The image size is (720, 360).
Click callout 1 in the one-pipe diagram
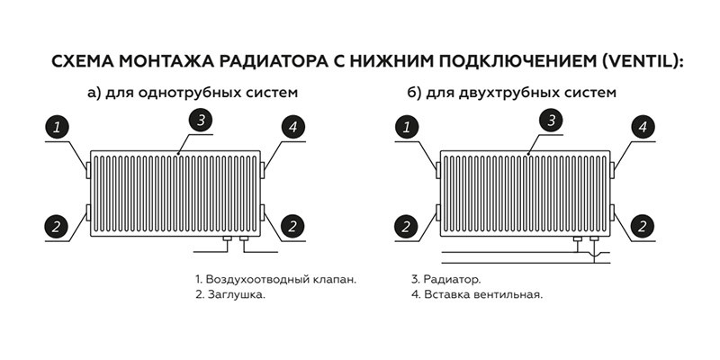(x=57, y=127)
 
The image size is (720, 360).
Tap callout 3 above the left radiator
(x=202, y=120)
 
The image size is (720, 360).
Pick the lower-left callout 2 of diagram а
(x=57, y=226)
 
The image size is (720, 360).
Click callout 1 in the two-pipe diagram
(x=407, y=127)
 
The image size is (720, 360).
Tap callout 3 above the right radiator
(x=553, y=120)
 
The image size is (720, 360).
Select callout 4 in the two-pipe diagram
(x=643, y=127)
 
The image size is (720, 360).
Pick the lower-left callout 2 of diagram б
(x=407, y=226)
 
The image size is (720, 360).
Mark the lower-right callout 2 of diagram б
(x=643, y=226)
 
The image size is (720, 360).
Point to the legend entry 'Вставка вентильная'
(x=476, y=294)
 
